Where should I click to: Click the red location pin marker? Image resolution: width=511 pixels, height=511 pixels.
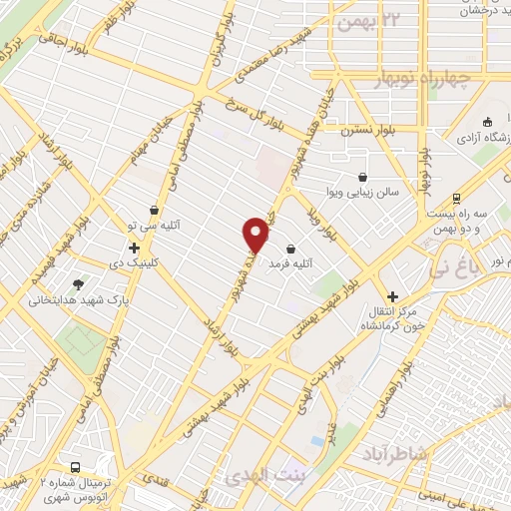[x=257, y=234]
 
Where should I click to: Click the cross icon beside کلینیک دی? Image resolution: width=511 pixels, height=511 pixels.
[x=133, y=248]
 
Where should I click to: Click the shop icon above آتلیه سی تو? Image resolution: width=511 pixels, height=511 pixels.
[x=154, y=210]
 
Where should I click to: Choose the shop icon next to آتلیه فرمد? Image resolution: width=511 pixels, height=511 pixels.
[x=290, y=249]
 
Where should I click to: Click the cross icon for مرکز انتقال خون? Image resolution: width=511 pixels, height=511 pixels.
[x=392, y=296]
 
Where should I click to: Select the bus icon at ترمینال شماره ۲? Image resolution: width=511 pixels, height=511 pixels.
[x=77, y=467]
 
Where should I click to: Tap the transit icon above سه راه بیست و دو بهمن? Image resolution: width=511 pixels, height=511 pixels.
[x=456, y=197]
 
